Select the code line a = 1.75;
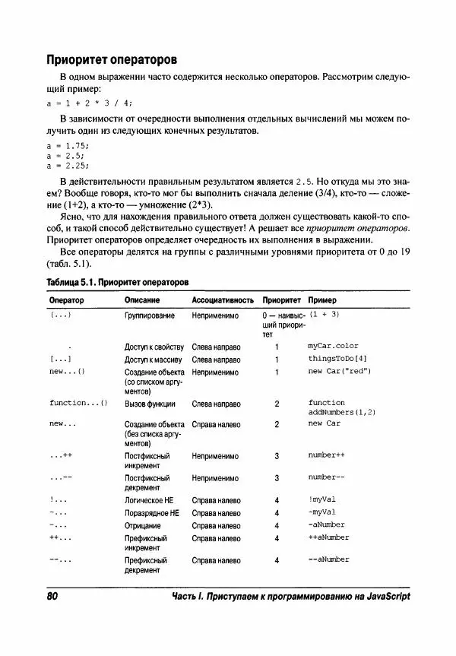[68, 144]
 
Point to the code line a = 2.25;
[68, 164]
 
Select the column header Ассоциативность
[222, 300]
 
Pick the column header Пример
[321, 300]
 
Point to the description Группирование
[150, 315]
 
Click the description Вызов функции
[150, 404]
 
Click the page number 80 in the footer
[52, 597]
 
